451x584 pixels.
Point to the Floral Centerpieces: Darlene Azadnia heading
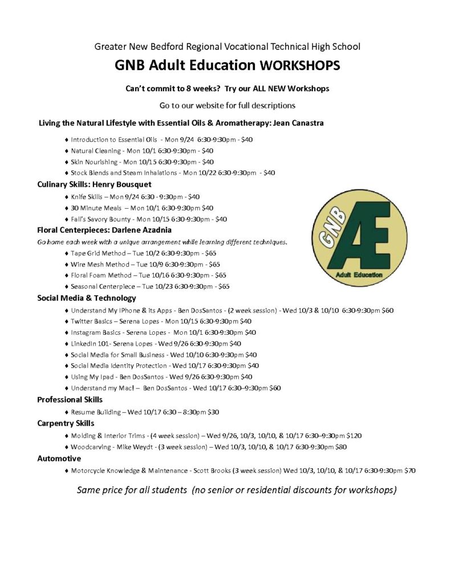click(96, 230)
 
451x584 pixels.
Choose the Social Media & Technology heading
click(86, 298)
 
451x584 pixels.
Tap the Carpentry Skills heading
click(66, 423)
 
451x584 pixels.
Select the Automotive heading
click(59, 458)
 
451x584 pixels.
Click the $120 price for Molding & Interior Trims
click(354, 436)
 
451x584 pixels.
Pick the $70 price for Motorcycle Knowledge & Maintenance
click(410, 471)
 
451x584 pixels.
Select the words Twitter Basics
click(91, 322)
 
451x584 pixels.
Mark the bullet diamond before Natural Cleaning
click(67, 151)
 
